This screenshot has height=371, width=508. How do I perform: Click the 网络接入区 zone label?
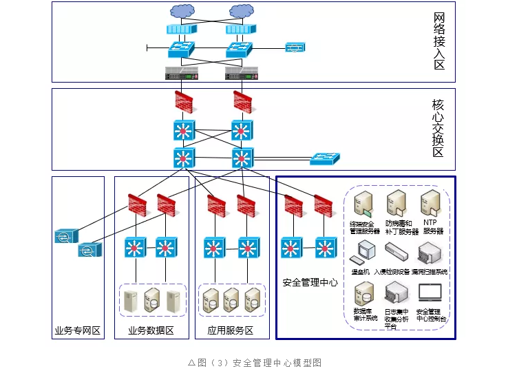tap(438, 41)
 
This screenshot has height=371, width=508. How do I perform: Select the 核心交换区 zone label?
tap(438, 129)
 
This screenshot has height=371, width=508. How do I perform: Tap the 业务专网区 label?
tap(78, 331)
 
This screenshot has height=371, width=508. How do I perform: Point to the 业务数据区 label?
tap(151, 331)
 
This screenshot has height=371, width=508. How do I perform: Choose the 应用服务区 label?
tap(231, 331)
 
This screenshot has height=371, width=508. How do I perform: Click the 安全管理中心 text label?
tap(310, 282)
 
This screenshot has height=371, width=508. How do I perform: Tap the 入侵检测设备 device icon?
tap(396, 252)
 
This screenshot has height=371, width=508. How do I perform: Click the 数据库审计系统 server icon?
tap(363, 294)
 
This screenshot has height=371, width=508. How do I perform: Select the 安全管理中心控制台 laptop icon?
tap(430, 295)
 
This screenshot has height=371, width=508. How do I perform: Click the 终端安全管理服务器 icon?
tap(363, 204)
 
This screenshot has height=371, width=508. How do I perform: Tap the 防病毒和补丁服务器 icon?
tap(396, 204)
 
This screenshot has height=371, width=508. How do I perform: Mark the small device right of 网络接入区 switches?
tap(295, 47)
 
